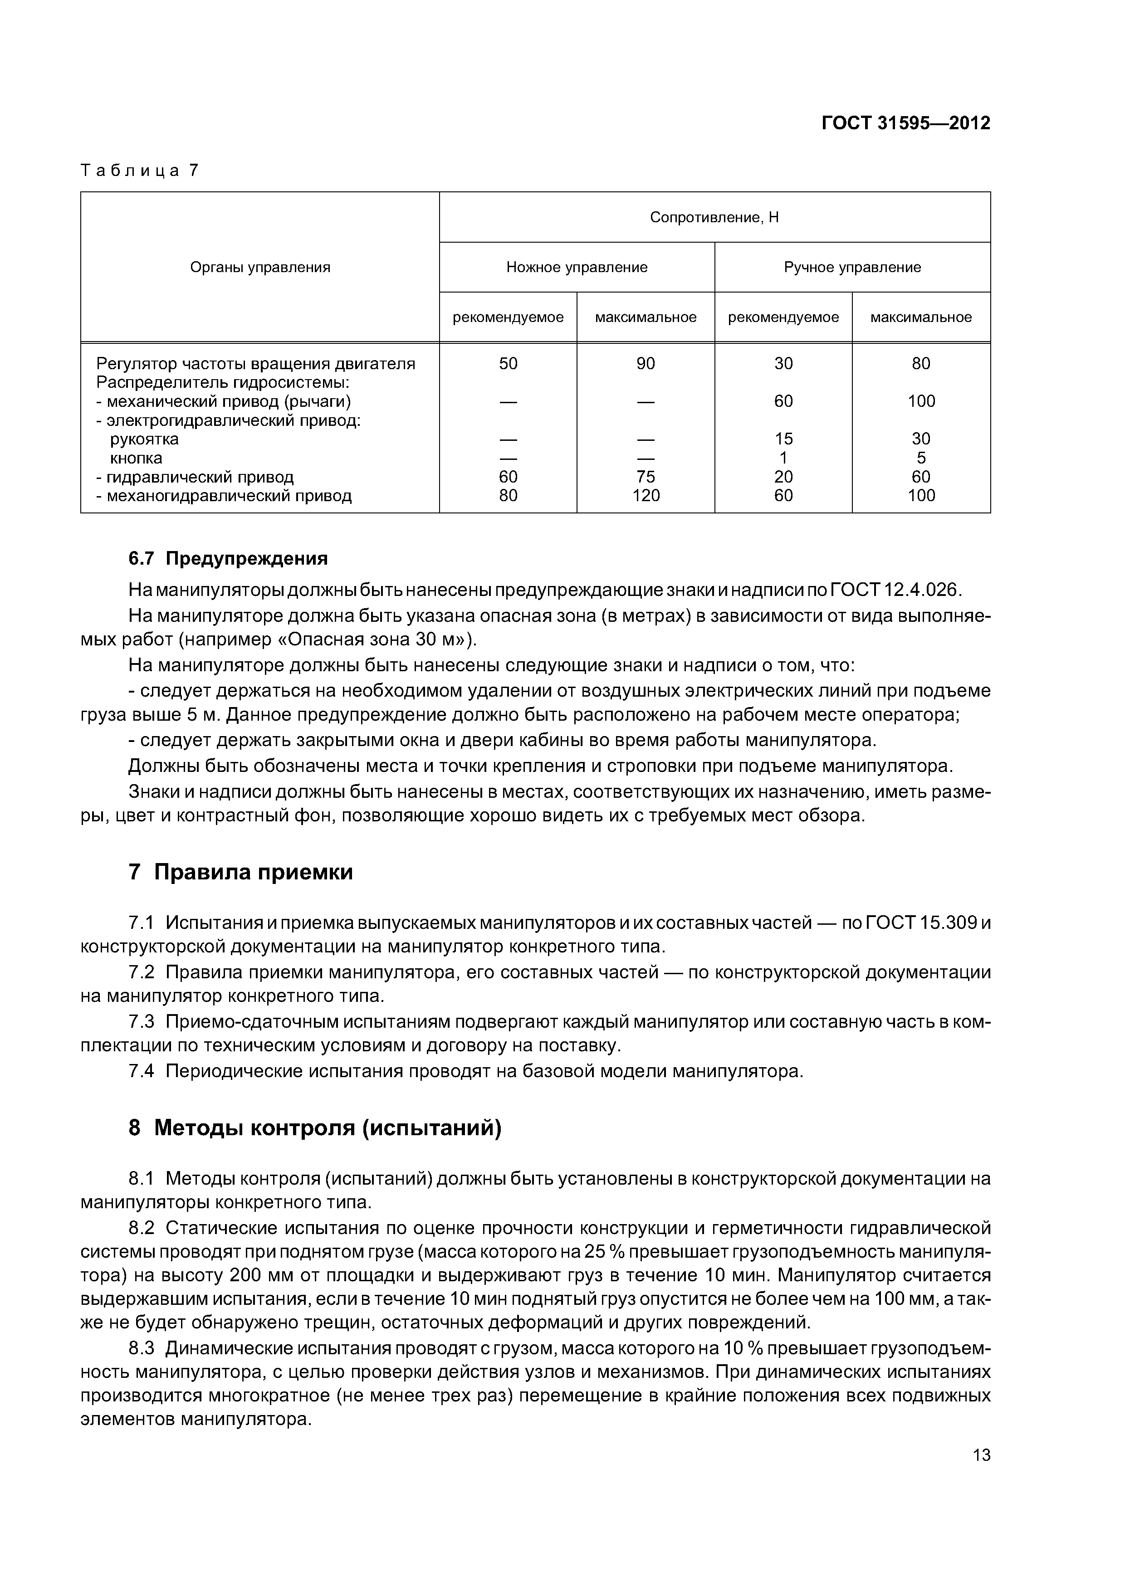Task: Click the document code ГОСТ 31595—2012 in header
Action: point(905,123)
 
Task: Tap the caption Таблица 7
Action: point(139,171)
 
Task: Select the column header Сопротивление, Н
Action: point(714,218)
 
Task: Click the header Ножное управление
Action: point(577,268)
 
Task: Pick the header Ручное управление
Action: point(852,268)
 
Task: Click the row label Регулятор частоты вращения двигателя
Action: point(256,364)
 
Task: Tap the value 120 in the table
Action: point(646,495)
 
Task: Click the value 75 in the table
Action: point(646,477)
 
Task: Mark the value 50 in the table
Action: point(508,364)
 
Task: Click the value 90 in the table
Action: point(646,364)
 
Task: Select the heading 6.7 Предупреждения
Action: point(228,558)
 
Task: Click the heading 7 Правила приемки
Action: point(240,872)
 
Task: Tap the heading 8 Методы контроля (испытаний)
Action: point(315,1128)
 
